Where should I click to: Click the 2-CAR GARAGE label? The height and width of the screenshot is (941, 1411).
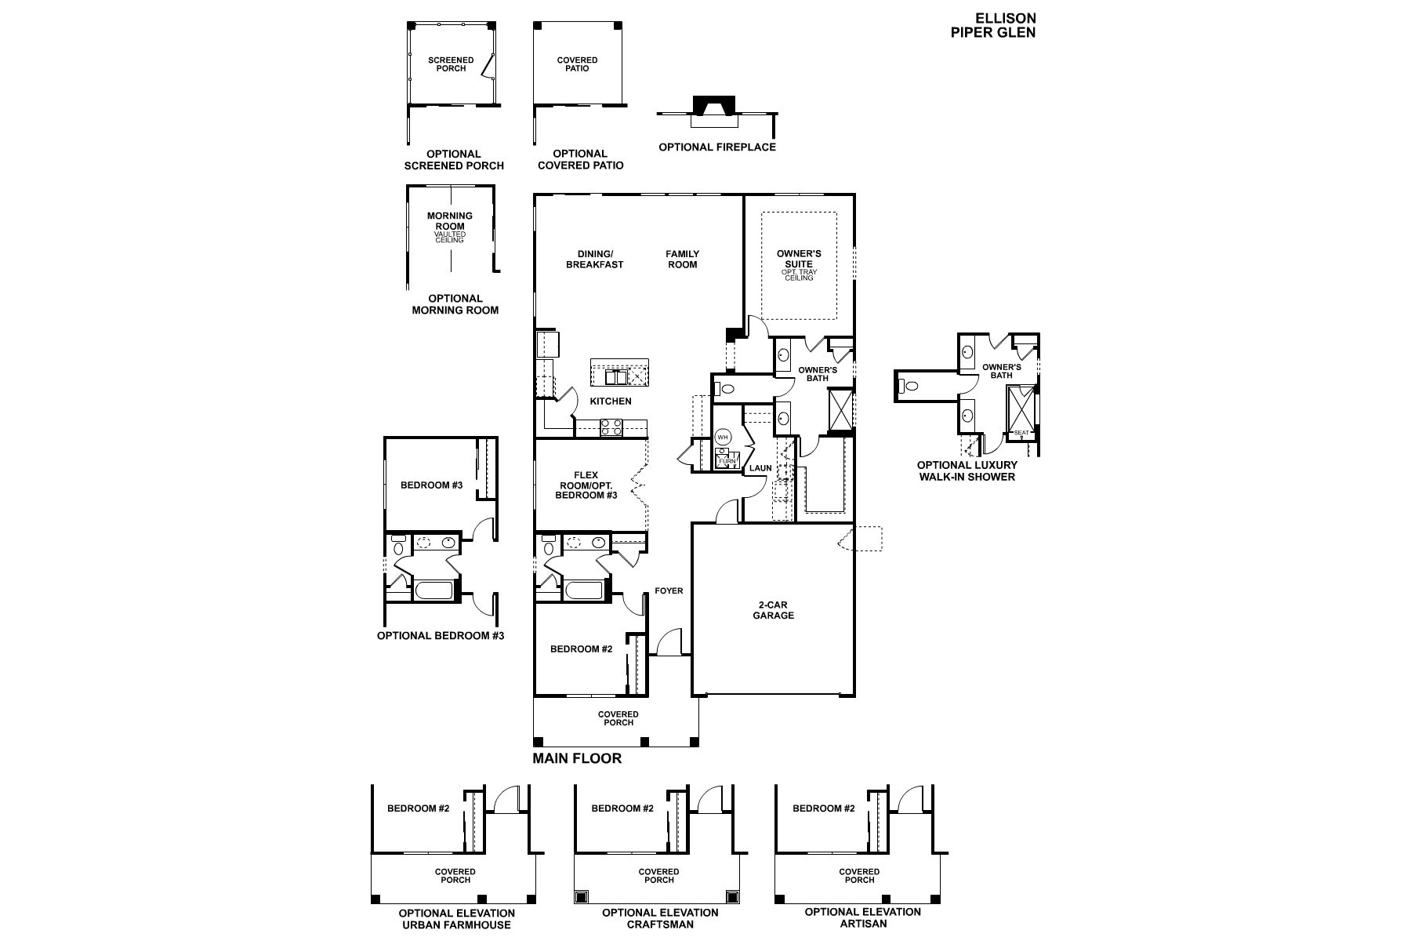773,610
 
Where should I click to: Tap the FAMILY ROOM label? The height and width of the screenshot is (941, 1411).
682,259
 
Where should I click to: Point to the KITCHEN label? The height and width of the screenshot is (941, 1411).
611,401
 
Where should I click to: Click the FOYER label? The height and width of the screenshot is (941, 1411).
669,590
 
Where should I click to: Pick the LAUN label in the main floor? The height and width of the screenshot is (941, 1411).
760,468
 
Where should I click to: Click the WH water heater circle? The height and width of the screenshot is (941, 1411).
723,437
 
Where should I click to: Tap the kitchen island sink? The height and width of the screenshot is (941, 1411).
615,378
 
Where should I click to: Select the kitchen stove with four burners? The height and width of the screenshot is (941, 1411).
611,427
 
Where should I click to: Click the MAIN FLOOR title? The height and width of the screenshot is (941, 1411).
577,758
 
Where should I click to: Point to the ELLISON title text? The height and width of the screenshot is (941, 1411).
1006,18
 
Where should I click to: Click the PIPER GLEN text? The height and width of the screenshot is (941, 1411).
993,32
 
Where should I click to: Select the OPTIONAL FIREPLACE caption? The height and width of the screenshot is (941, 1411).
717,147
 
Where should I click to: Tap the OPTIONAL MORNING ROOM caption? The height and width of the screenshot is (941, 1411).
455,304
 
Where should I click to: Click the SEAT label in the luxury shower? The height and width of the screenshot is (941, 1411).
1021,433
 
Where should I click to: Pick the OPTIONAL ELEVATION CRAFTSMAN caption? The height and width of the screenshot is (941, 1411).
660,918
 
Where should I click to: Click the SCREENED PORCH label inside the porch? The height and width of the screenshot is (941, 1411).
451,64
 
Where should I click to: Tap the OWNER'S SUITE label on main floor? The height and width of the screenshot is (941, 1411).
799,259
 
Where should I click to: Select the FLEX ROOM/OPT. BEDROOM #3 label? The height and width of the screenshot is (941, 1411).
586,485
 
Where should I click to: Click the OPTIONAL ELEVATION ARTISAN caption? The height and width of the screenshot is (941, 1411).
863,918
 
